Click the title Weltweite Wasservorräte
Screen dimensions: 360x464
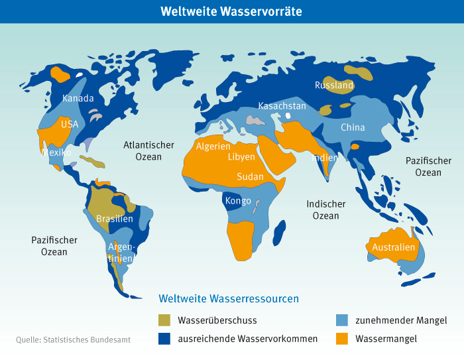click(232, 11)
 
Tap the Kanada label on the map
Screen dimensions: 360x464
click(78, 99)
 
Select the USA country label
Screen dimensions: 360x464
click(70, 124)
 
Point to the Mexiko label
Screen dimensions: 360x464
click(56, 152)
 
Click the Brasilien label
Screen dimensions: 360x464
click(115, 219)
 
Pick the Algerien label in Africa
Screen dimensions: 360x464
click(213, 147)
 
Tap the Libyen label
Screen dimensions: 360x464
click(241, 157)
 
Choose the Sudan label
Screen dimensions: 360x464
click(250, 177)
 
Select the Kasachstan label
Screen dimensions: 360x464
click(282, 106)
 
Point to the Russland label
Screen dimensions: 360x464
click(334, 86)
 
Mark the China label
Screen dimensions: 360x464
click(353, 127)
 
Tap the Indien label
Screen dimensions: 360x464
click(325, 158)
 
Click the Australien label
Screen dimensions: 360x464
click(394, 247)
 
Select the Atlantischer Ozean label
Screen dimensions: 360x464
click(148, 150)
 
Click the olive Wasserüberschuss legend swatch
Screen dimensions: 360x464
click(165, 320)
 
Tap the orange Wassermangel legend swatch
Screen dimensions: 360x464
click(342, 339)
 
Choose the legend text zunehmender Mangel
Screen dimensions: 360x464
click(401, 320)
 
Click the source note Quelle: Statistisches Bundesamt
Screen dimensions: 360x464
click(73, 339)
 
